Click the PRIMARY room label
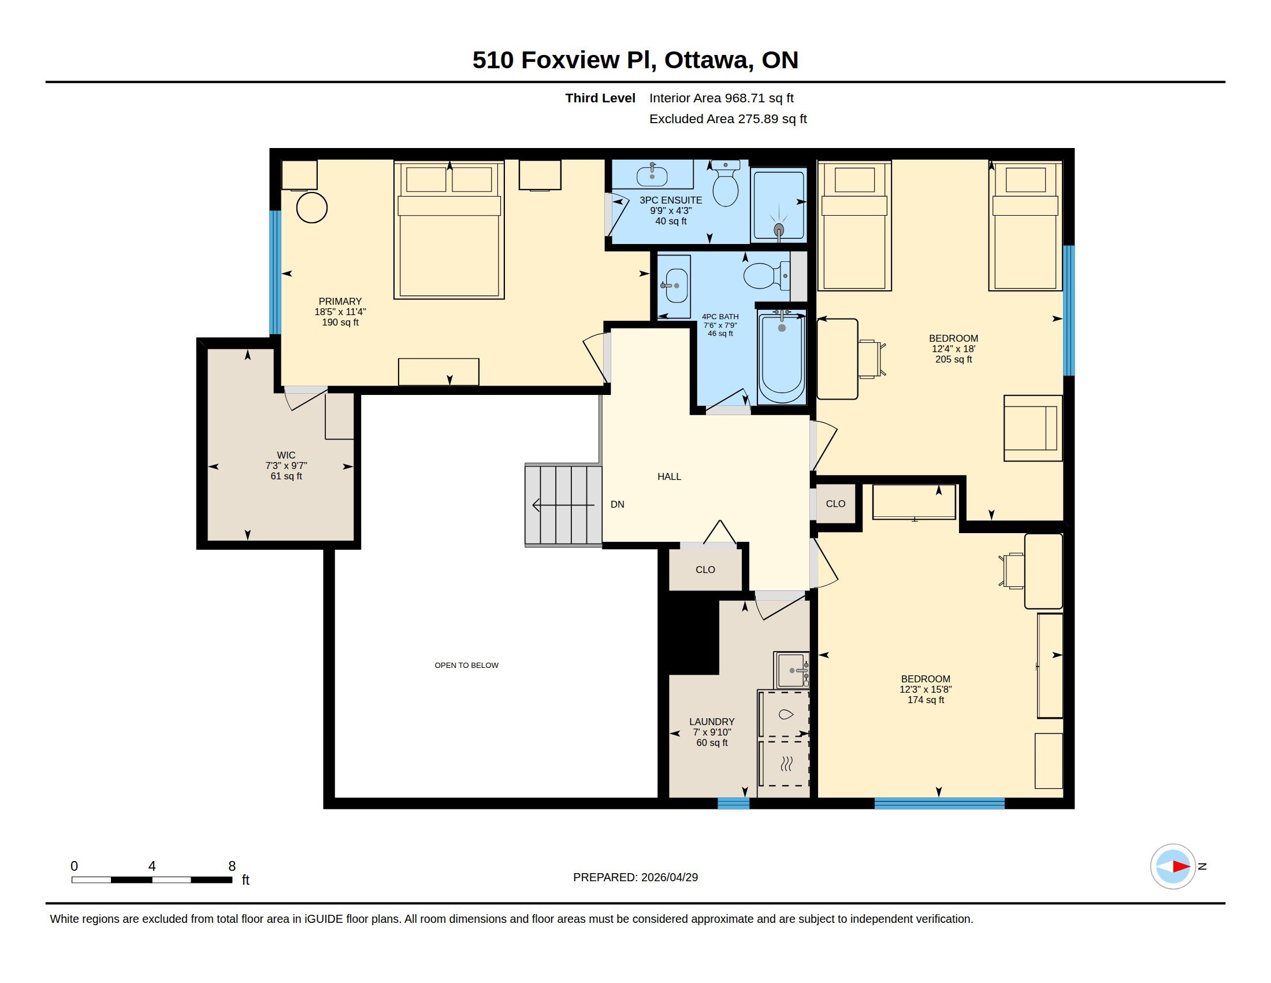click(x=340, y=302)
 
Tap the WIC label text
click(x=286, y=456)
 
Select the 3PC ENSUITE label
click(x=670, y=200)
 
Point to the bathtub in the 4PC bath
click(x=782, y=356)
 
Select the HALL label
click(x=669, y=476)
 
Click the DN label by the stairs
click(x=618, y=504)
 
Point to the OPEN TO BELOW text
click(x=466, y=665)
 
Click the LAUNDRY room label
click(x=712, y=722)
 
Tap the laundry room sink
click(x=791, y=670)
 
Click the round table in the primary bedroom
click(x=312, y=208)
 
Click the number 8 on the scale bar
click(x=232, y=866)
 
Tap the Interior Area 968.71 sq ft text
click(x=722, y=98)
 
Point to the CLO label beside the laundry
click(x=705, y=570)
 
